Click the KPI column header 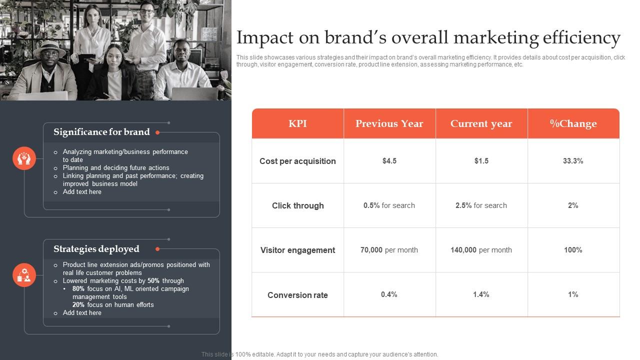(x=297, y=123)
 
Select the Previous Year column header (x=389, y=123)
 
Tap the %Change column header (x=573, y=123)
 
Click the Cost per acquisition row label (x=297, y=161)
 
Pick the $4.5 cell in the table (x=389, y=161)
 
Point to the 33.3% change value (x=573, y=161)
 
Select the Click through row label (x=297, y=205)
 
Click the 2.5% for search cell (x=481, y=205)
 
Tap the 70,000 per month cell (x=389, y=250)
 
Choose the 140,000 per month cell (x=481, y=250)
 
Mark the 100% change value (x=573, y=250)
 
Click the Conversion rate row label (x=297, y=295)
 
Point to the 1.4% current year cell (x=481, y=294)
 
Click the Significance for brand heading (x=101, y=132)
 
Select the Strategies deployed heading (x=96, y=249)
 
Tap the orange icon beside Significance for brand (x=24, y=158)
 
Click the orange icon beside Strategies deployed (x=24, y=275)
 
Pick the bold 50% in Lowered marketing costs (x=153, y=281)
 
